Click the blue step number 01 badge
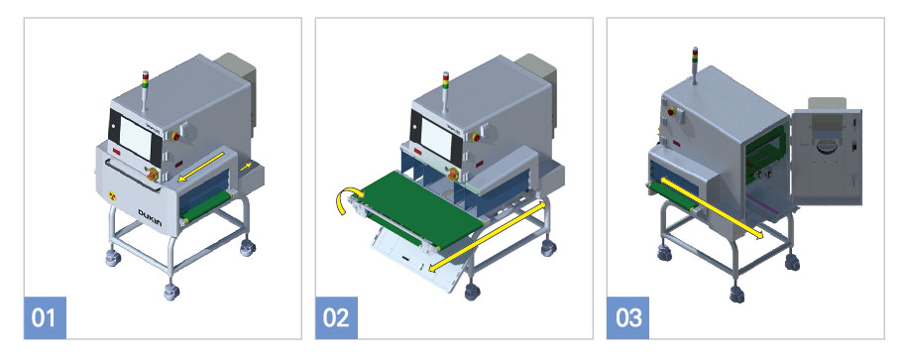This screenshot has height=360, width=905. (45, 317)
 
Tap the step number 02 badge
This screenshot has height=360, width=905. (336, 317)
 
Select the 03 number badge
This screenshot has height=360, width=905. (628, 317)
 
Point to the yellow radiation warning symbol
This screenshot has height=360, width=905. (112, 196)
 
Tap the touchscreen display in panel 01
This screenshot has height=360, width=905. (136, 138)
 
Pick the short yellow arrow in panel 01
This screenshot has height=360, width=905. (246, 167)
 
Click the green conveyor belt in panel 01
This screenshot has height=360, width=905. (205, 207)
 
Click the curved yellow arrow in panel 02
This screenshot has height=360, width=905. (348, 202)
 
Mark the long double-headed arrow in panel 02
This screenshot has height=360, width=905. (488, 236)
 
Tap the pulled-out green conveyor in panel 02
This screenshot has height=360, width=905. (419, 210)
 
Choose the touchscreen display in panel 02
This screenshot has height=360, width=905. (436, 138)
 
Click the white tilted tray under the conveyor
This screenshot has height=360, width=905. (414, 261)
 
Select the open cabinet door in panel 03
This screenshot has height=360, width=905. (827, 157)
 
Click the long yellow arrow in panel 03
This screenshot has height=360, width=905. (712, 208)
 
